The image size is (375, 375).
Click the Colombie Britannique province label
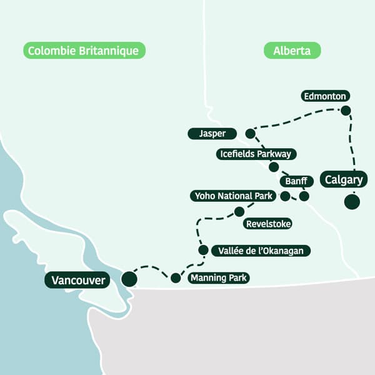point(84,51)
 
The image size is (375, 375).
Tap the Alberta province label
point(292,51)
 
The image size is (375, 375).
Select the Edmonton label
point(324,96)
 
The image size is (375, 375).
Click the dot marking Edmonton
point(346,111)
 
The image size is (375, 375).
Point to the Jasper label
point(212,134)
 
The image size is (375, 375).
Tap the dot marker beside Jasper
point(250,133)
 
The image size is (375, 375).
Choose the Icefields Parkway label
point(255,154)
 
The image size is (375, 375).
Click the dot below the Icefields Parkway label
point(273,167)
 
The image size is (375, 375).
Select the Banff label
point(296,182)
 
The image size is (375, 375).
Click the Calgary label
point(344,180)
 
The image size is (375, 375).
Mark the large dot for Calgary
point(352,202)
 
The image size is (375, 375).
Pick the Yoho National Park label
point(232,196)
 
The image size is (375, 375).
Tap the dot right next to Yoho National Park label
point(285,196)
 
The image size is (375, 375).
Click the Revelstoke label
point(268,224)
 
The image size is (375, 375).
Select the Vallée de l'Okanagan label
point(261,251)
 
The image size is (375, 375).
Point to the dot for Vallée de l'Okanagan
point(203,250)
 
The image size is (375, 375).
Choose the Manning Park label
point(218,278)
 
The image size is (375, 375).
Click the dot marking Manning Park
point(176,278)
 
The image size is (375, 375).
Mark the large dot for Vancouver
point(129,279)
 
